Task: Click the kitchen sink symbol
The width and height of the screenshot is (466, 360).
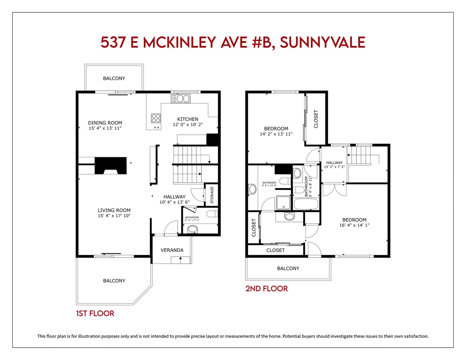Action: (180, 99)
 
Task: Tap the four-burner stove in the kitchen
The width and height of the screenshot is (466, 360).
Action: (156, 118)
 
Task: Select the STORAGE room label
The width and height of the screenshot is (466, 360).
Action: (212, 195)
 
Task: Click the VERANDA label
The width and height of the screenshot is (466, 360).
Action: (172, 250)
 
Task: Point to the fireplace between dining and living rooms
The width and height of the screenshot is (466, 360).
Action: (110, 166)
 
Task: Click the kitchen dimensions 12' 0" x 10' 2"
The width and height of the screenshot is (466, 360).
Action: (187, 124)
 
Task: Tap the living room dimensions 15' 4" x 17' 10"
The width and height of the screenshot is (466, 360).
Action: (114, 216)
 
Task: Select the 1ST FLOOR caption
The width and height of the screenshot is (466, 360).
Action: (95, 313)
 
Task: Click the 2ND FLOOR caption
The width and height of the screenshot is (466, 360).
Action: (266, 289)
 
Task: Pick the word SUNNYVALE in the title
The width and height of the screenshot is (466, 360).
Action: (322, 42)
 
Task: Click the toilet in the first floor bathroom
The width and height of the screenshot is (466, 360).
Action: (212, 214)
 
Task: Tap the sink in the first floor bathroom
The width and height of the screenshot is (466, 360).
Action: (193, 229)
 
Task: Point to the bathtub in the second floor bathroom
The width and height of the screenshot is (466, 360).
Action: (306, 204)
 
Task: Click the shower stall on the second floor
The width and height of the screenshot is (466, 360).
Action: (284, 203)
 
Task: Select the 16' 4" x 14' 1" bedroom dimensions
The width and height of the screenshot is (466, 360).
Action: (354, 225)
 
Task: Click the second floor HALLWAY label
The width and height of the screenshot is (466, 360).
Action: (334, 162)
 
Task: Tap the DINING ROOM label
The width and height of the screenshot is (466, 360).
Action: (105, 123)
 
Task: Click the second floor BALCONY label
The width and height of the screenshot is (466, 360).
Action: (288, 268)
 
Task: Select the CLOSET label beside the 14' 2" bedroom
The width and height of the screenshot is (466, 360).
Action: (316, 119)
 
